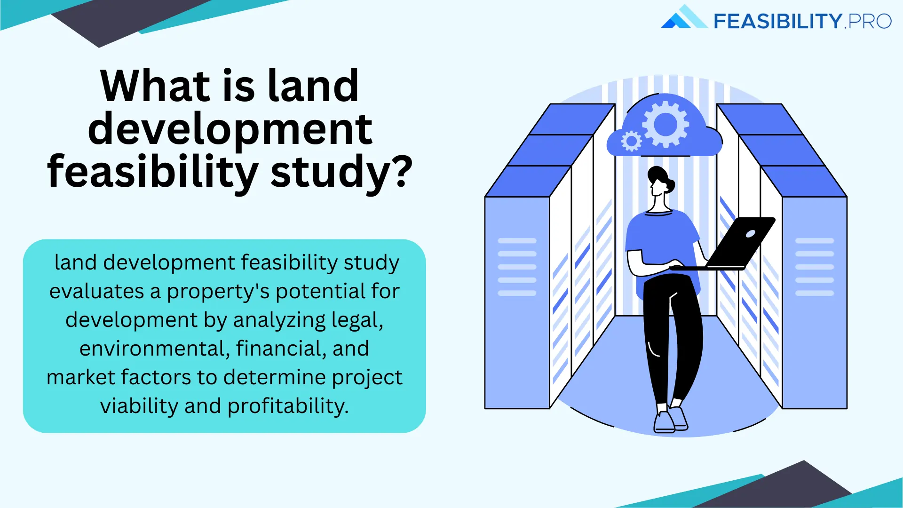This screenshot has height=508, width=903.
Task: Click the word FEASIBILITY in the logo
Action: [x=777, y=22]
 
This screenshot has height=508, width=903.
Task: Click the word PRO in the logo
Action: [x=870, y=22]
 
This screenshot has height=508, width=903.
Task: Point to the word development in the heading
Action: [x=230, y=129]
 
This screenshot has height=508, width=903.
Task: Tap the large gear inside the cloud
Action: [x=665, y=125]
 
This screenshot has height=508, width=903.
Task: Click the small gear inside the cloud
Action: [x=631, y=141]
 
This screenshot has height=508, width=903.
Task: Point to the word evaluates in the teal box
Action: [x=96, y=291]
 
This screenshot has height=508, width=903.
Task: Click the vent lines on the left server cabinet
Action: [x=517, y=267]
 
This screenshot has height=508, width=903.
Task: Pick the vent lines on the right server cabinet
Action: [x=814, y=267]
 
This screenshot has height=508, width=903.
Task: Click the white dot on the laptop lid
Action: [x=750, y=234]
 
